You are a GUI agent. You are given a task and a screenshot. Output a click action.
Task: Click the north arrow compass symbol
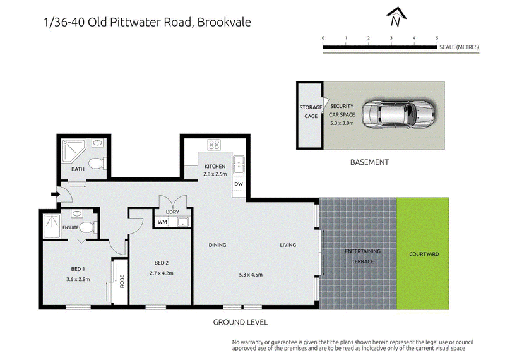point(396,17)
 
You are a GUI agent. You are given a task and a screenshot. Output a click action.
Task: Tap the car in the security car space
point(398,114)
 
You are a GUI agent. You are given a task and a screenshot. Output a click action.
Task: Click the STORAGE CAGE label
point(311,112)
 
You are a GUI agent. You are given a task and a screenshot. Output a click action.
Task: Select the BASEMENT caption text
point(369,162)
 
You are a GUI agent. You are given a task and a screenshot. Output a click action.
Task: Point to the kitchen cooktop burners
point(214,145)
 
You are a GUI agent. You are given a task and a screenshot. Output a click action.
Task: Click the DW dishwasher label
point(239,184)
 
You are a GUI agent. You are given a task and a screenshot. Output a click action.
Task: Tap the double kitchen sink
point(239,164)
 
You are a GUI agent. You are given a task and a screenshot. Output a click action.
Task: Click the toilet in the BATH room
point(97,164)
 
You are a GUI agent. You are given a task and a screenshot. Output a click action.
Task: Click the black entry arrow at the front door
point(56,195)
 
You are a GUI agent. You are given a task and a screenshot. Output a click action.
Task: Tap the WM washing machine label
point(162,222)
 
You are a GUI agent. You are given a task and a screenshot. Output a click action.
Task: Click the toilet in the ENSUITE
point(88,227)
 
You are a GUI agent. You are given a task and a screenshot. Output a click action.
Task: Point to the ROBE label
point(122,281)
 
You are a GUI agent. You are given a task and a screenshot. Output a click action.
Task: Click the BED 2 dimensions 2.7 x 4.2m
point(162,273)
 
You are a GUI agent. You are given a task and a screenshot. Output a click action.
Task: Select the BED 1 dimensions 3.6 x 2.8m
point(78,279)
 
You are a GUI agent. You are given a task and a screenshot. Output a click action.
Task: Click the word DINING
point(217,245)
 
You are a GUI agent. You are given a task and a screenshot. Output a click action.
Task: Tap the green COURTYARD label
point(424,254)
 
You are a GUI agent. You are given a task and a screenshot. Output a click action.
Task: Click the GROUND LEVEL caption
point(241,322)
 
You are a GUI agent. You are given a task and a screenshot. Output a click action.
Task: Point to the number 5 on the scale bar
point(437,38)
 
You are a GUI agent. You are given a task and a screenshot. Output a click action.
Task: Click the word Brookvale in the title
point(224,22)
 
